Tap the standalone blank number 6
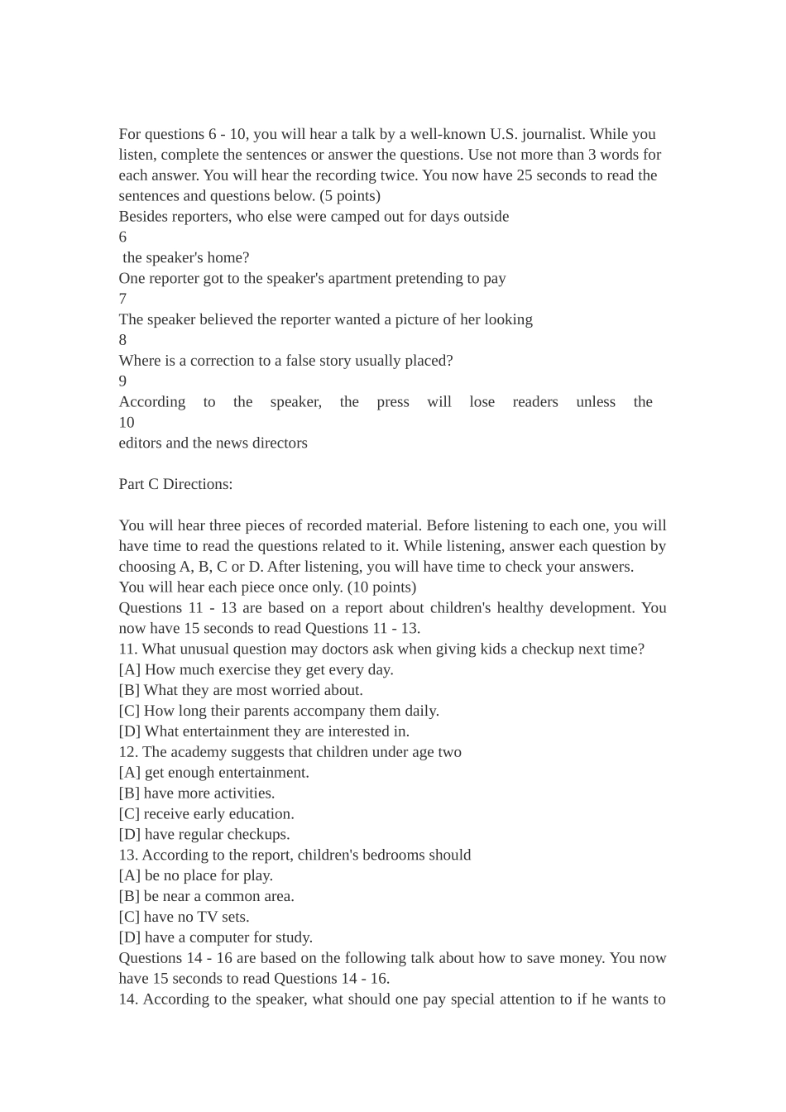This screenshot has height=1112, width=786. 122,237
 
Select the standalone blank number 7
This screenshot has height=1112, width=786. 122,299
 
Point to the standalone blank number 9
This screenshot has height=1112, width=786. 122,381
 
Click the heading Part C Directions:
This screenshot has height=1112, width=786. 175,484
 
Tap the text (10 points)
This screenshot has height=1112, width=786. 381,587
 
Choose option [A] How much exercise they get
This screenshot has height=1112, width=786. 256,669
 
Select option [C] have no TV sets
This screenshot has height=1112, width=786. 184,917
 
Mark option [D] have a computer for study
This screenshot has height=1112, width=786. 215,937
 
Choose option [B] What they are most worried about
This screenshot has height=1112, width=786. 241,690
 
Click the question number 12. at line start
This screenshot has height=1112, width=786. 128,752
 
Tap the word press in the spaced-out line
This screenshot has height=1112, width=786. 393,402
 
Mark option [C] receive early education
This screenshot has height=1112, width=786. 206,813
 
